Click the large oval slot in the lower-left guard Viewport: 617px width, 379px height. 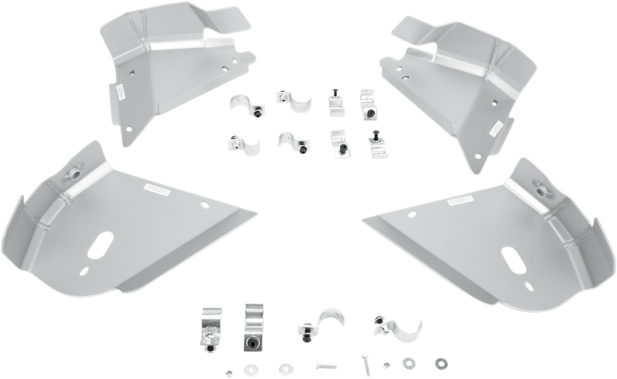[x=101, y=245]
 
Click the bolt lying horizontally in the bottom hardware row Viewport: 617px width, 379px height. [x=326, y=367]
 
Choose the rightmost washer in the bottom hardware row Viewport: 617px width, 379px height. [x=440, y=363]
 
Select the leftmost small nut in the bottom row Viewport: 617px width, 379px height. [x=228, y=369]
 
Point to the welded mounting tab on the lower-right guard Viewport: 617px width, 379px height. [x=541, y=190]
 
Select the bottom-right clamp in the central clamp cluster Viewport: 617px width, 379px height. [x=377, y=145]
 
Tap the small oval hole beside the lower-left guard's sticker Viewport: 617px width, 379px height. [x=204, y=205]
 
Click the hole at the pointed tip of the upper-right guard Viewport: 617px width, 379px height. [x=478, y=156]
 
